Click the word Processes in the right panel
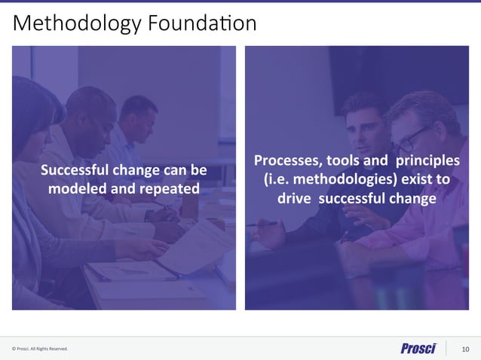289,160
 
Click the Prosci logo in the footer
418,348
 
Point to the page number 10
464,349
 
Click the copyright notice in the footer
40,349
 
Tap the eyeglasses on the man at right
414,139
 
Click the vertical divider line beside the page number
446,348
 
